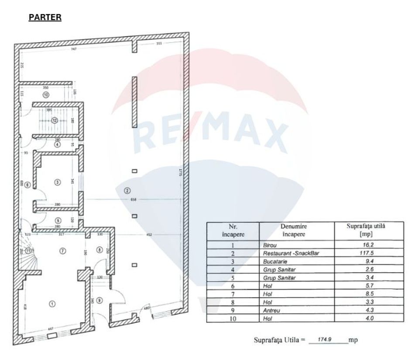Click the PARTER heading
click(x=45, y=17)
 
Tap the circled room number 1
click(x=52, y=304)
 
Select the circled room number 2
click(x=127, y=190)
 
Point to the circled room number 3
click(x=57, y=182)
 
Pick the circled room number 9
click(x=100, y=300)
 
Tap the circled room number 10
click(x=46, y=94)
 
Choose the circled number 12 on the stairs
click(x=55, y=120)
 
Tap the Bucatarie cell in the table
click(x=275, y=261)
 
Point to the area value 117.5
click(x=369, y=253)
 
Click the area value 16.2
click(x=369, y=245)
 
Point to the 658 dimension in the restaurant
click(x=134, y=200)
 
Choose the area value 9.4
click(x=369, y=261)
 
